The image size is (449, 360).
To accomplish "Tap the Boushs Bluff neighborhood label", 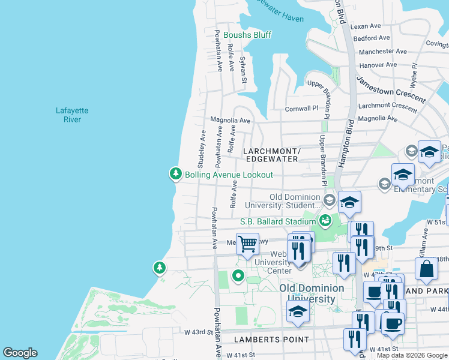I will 247,35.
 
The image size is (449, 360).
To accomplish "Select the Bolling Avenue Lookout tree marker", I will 175,174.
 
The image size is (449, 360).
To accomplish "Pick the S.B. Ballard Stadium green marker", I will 325,221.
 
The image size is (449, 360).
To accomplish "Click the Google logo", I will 20,353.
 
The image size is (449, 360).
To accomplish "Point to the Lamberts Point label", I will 263,340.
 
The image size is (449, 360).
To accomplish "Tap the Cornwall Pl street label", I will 301,109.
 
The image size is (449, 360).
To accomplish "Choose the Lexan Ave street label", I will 366,26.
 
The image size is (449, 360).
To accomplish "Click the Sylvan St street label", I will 243,69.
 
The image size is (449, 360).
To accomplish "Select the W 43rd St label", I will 198,332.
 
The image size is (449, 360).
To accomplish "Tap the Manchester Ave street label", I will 382,52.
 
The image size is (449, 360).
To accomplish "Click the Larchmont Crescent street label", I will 387,106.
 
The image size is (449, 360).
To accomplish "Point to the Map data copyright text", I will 412,355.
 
